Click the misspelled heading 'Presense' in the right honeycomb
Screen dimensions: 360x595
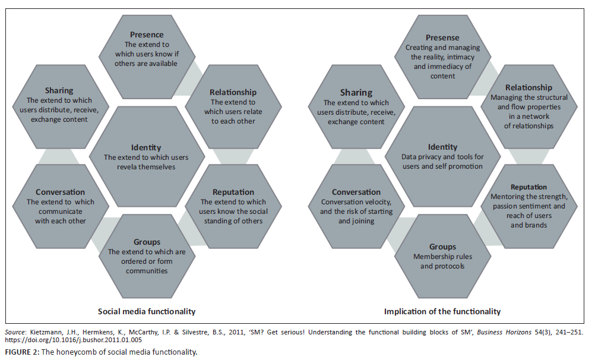[x=442, y=38]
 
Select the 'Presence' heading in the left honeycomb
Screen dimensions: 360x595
[x=147, y=35]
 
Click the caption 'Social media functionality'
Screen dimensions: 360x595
[x=147, y=311]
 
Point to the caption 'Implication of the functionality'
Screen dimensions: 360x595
[x=442, y=311]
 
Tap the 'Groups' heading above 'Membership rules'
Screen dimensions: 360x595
[x=442, y=247]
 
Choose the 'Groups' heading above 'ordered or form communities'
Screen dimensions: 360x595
[x=147, y=242]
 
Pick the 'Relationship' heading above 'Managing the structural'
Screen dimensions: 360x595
[x=528, y=87]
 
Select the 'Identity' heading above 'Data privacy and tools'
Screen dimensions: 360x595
[x=443, y=147]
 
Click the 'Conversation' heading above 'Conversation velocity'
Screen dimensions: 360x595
[x=356, y=192]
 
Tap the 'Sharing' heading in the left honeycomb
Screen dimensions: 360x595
[x=59, y=90]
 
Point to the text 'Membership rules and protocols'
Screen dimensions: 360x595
[x=442, y=261]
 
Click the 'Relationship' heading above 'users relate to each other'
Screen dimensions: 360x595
[x=233, y=92]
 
